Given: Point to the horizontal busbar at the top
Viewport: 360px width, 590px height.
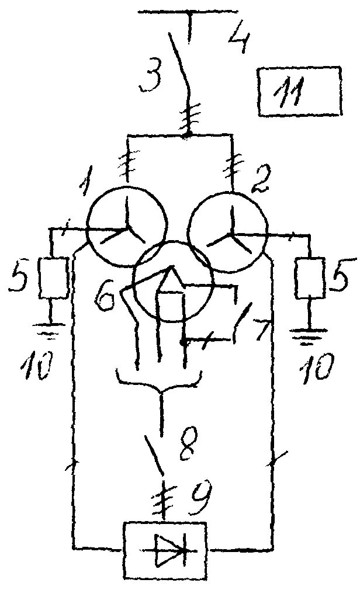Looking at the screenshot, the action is pos(189,12).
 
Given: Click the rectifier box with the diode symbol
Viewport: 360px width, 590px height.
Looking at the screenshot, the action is pos(164,549).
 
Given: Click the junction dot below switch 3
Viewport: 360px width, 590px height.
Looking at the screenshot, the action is pos(187,136).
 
